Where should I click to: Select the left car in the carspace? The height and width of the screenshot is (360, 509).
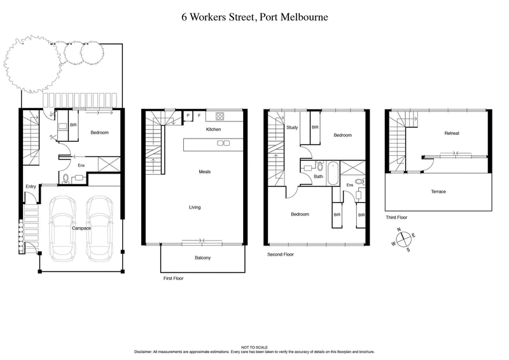62,228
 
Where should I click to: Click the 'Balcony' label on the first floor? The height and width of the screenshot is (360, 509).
202,258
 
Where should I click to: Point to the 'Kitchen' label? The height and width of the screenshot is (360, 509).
213,129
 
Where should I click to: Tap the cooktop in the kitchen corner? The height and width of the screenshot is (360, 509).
220,116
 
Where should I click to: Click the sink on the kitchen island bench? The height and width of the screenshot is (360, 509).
223,143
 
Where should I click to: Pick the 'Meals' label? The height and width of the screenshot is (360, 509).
204,172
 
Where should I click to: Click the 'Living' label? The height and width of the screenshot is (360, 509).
195,207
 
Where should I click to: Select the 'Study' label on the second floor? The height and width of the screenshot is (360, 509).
292,127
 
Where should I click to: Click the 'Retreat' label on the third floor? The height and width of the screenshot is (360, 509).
452,133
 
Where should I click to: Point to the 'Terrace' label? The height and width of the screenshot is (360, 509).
438,191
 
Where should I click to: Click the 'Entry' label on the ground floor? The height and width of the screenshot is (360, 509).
31,186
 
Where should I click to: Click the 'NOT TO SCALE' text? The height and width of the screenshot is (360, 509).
254,347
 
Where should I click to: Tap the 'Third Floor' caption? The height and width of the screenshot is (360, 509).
396,218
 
